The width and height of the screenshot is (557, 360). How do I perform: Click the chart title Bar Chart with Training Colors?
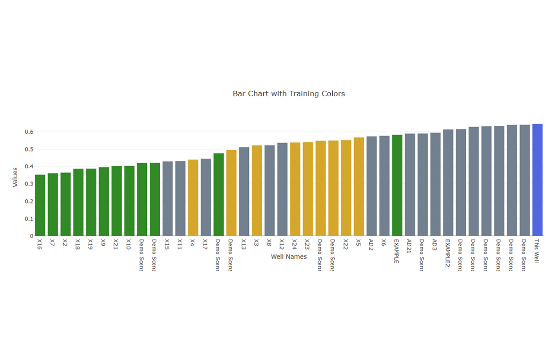[288, 94]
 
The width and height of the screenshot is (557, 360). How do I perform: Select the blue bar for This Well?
[537, 180]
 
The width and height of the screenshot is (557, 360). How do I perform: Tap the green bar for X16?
[40, 205]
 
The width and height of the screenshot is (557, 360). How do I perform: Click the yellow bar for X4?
[193, 198]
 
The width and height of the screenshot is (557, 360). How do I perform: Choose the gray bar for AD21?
[410, 185]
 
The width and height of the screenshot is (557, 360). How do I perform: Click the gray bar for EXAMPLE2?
[448, 183]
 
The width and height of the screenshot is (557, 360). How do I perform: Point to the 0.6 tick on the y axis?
[29, 132]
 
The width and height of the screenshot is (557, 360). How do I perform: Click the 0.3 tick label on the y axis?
[29, 184]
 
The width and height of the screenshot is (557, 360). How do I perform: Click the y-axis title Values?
[15, 177]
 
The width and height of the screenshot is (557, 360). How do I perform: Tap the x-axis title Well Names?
[288, 257]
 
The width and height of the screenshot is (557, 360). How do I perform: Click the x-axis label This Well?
[537, 251]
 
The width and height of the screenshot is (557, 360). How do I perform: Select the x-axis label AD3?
[434, 245]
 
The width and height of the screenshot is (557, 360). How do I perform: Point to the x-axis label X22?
[346, 245]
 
